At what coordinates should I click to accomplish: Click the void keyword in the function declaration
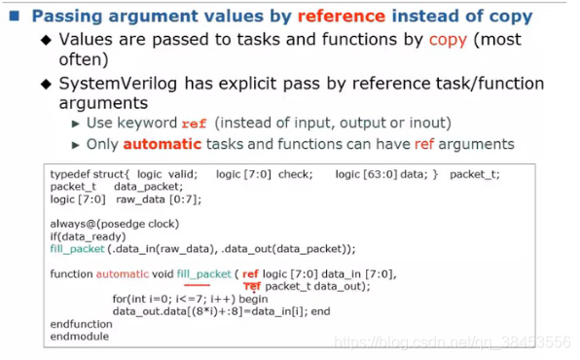click(161, 275)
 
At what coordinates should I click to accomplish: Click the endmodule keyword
click(79, 337)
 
